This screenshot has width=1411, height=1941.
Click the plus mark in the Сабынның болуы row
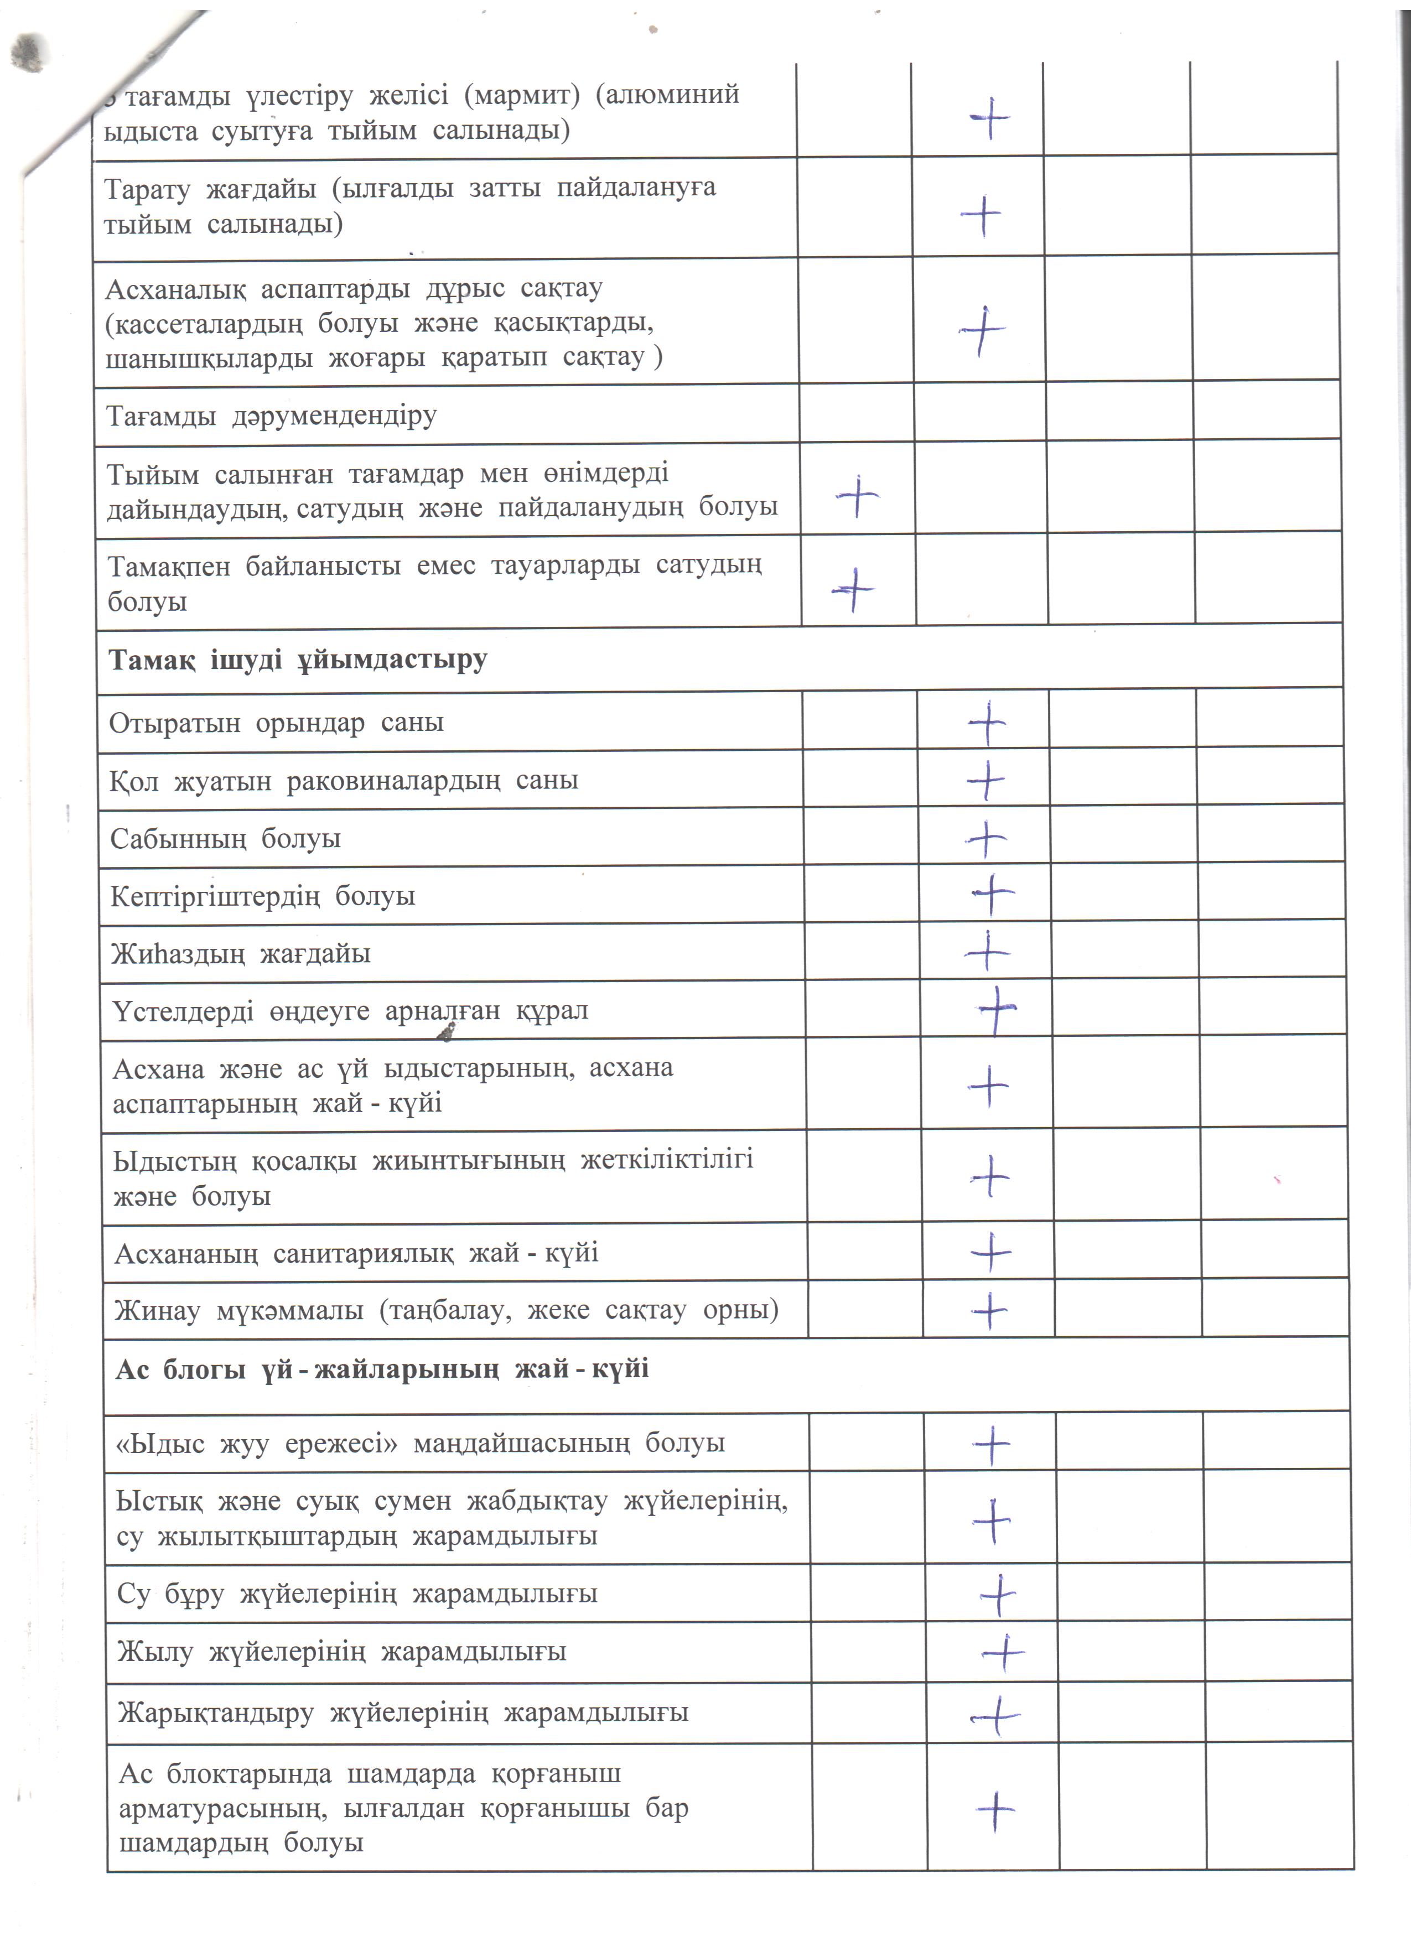987,839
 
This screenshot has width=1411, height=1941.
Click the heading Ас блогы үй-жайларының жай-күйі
382,1368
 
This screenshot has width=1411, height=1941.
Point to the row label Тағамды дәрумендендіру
271,416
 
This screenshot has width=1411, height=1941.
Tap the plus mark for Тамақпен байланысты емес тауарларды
853,590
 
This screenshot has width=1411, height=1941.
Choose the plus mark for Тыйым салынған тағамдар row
857,496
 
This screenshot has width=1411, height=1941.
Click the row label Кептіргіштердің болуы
263,896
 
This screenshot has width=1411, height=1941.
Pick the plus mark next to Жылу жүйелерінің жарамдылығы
1003,1653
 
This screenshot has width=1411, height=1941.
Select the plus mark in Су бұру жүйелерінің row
998,1595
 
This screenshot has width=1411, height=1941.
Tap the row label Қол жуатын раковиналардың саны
343,781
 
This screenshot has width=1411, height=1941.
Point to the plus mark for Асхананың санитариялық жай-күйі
991,1253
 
